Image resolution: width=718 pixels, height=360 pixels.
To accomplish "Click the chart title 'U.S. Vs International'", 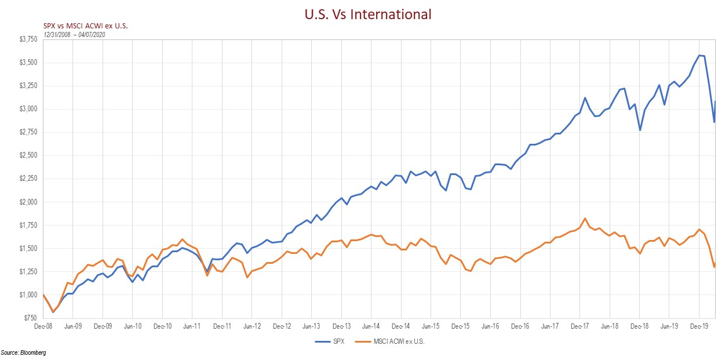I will point(368,14).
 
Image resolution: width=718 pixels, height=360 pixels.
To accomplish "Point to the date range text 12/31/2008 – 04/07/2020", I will point(74,34).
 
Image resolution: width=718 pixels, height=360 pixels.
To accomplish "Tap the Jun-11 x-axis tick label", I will point(192,326).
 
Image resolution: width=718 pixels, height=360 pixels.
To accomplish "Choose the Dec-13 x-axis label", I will point(341,326).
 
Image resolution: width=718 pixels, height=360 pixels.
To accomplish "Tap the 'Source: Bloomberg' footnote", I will point(23,352).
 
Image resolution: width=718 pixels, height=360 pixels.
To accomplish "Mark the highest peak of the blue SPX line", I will point(699,55).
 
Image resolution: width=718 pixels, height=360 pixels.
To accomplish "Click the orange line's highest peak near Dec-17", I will point(585,219).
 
